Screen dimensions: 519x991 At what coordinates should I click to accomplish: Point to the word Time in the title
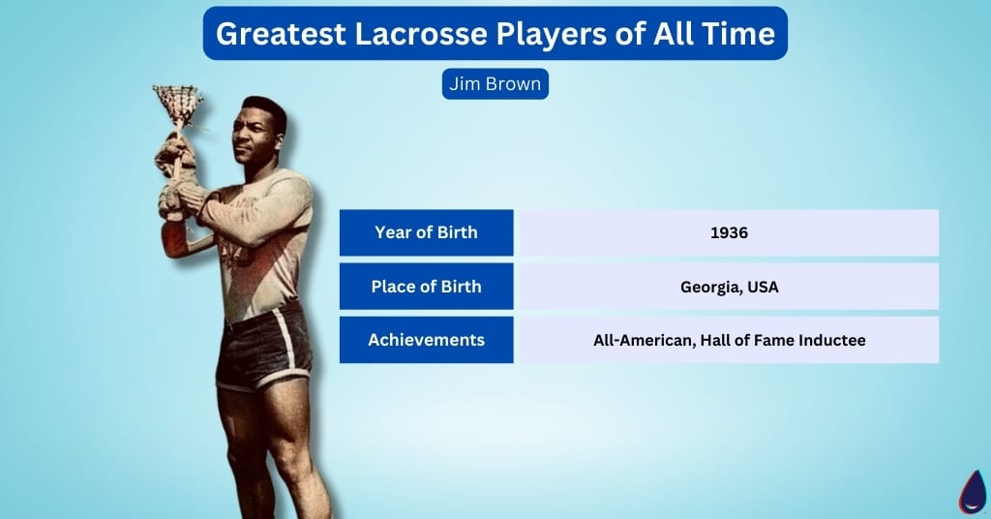pyautogui.click(x=739, y=34)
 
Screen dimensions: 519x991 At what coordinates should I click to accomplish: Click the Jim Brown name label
pyautogui.click(x=495, y=84)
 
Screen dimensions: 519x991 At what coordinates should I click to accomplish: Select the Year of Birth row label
pyautogui.click(x=426, y=232)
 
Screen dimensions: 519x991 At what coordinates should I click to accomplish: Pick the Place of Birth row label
pyautogui.click(x=426, y=287)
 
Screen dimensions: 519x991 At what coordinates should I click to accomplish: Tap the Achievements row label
pyautogui.click(x=426, y=340)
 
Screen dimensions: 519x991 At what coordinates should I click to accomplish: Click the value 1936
pyautogui.click(x=729, y=233)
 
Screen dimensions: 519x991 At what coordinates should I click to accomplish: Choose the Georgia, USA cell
pyautogui.click(x=729, y=287)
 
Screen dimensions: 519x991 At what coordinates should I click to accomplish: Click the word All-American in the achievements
pyautogui.click(x=640, y=341)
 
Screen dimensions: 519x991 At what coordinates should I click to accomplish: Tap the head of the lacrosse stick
pyautogui.click(x=177, y=102)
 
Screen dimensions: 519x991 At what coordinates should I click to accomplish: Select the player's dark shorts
pyautogui.click(x=261, y=349)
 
